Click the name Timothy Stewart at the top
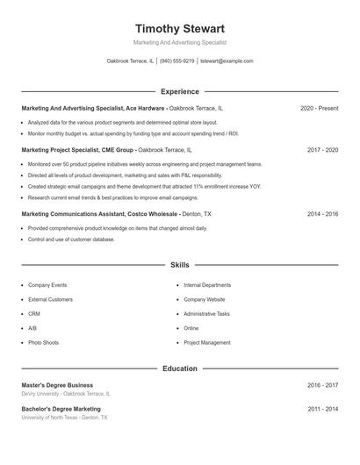(179, 29)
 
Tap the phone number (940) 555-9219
(177, 61)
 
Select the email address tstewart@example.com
(227, 61)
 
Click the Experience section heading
(179, 91)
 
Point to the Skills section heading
(179, 264)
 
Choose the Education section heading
(179, 368)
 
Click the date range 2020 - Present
(319, 108)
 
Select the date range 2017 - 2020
(322, 150)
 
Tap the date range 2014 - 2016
(322, 213)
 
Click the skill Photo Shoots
(44, 342)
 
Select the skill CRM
(34, 313)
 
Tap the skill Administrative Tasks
(206, 313)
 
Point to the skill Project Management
(207, 342)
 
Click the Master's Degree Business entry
(57, 385)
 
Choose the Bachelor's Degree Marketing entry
(61, 409)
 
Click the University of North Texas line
(65, 418)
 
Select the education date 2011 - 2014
(322, 409)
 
